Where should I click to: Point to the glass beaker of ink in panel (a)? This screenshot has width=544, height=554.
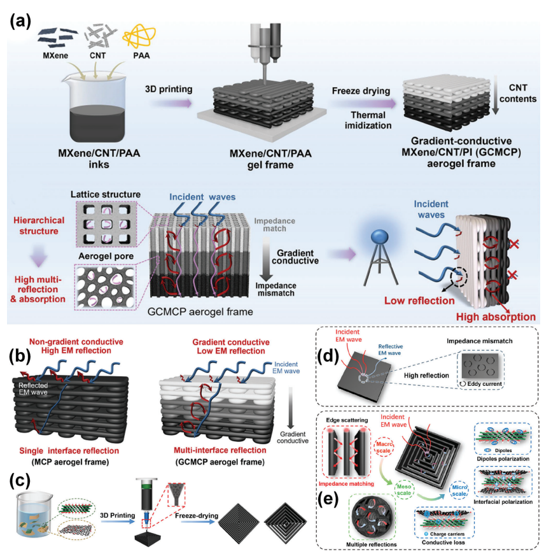(x=95, y=111)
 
